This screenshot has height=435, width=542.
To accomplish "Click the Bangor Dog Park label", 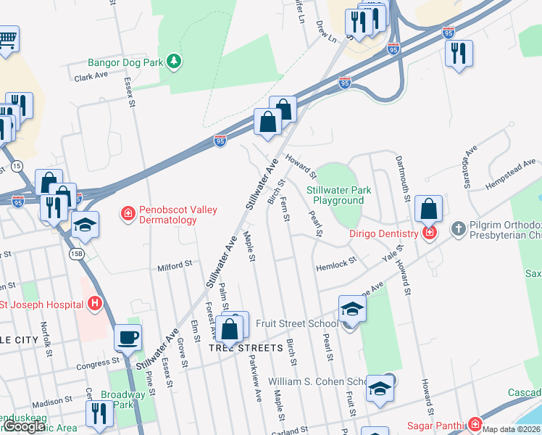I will point(125,63).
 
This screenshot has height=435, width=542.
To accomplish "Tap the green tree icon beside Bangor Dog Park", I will point(173,62).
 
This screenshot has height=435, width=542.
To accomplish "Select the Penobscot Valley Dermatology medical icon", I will point(128,213).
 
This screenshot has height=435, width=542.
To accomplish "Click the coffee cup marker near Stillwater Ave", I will point(129,338).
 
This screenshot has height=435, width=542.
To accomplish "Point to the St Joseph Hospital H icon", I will point(93,304).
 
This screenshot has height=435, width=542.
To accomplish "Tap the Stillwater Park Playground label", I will point(338,195).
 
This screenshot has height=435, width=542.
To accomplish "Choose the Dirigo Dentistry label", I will point(384,233).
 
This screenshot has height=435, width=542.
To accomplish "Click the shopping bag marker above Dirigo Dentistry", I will point(429,209).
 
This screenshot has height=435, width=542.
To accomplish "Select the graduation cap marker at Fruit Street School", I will point(352,309).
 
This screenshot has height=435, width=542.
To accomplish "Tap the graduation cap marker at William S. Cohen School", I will point(380,389).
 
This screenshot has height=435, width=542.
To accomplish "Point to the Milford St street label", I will point(175,267).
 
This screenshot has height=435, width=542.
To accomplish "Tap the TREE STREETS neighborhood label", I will point(245,348).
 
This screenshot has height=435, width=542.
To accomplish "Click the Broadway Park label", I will point(117,399).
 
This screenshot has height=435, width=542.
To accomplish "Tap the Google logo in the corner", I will point(24,426).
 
